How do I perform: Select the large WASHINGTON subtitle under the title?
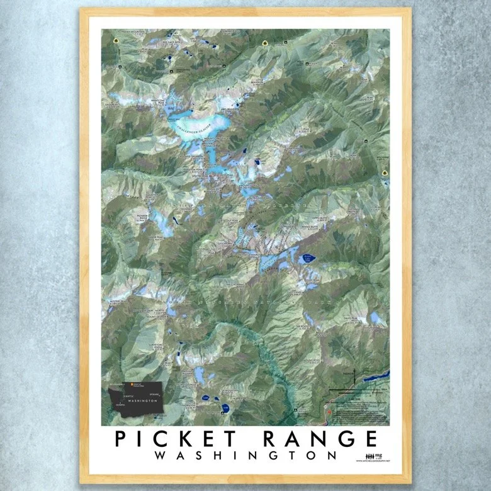(x=245, y=455)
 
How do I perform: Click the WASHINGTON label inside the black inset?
(x=142, y=401)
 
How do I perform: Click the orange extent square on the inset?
(x=131, y=384)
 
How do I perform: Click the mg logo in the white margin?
(x=378, y=455)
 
